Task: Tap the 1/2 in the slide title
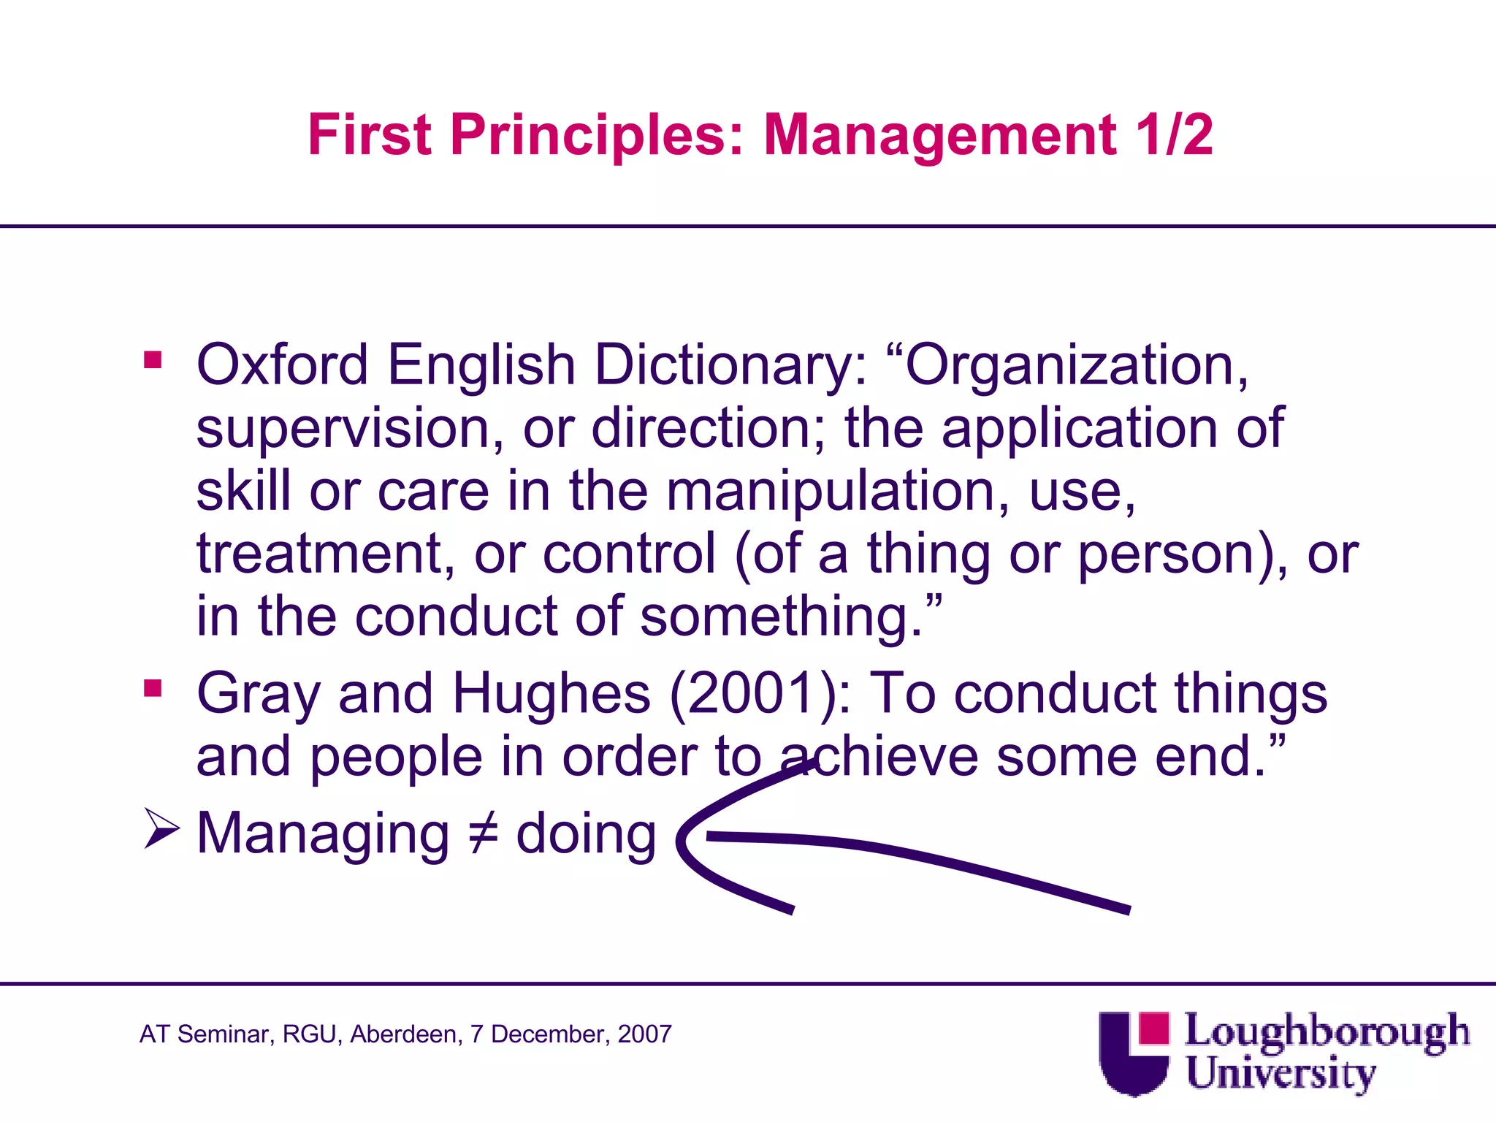1175,135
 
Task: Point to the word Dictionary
730,365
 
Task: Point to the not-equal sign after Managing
483,834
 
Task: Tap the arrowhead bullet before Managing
161,829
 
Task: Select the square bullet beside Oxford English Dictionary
153,360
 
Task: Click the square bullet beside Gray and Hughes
153,689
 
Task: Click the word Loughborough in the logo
1326,1031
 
